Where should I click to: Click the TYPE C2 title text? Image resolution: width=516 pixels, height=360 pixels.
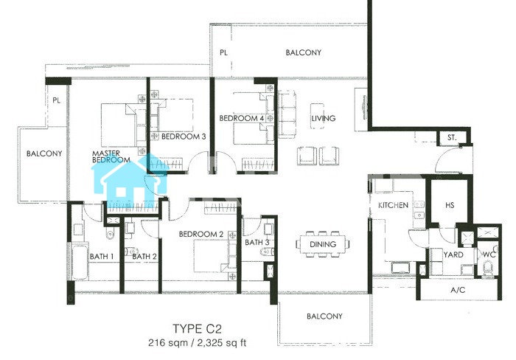[x=197, y=329]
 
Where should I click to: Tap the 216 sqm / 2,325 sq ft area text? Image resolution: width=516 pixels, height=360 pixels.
[x=197, y=343]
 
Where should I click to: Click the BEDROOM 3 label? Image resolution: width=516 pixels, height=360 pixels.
[x=184, y=136]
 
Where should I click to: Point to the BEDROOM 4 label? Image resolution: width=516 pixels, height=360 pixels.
[x=242, y=118]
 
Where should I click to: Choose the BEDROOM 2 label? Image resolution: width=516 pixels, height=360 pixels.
[x=201, y=234]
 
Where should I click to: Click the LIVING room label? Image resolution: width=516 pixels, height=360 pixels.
[x=324, y=118]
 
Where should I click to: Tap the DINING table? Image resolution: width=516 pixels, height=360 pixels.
[x=323, y=244]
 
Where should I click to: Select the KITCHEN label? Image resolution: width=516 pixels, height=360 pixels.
[x=393, y=205]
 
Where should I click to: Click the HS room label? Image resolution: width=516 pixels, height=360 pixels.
[x=450, y=205]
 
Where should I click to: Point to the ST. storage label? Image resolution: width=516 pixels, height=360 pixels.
[x=452, y=138]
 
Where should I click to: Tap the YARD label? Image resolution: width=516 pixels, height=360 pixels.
[x=453, y=255]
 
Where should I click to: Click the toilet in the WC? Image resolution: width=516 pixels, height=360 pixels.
[x=488, y=268]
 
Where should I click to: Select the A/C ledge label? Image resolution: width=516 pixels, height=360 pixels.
[x=458, y=290]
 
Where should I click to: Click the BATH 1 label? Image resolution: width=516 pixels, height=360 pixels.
[x=102, y=256]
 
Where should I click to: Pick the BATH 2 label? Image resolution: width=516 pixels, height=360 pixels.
[x=144, y=256]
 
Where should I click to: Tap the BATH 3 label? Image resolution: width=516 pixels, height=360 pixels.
[x=257, y=243]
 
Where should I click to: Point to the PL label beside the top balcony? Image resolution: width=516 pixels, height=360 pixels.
[x=223, y=52]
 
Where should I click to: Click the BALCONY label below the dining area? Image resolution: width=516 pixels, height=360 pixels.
[x=324, y=316]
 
